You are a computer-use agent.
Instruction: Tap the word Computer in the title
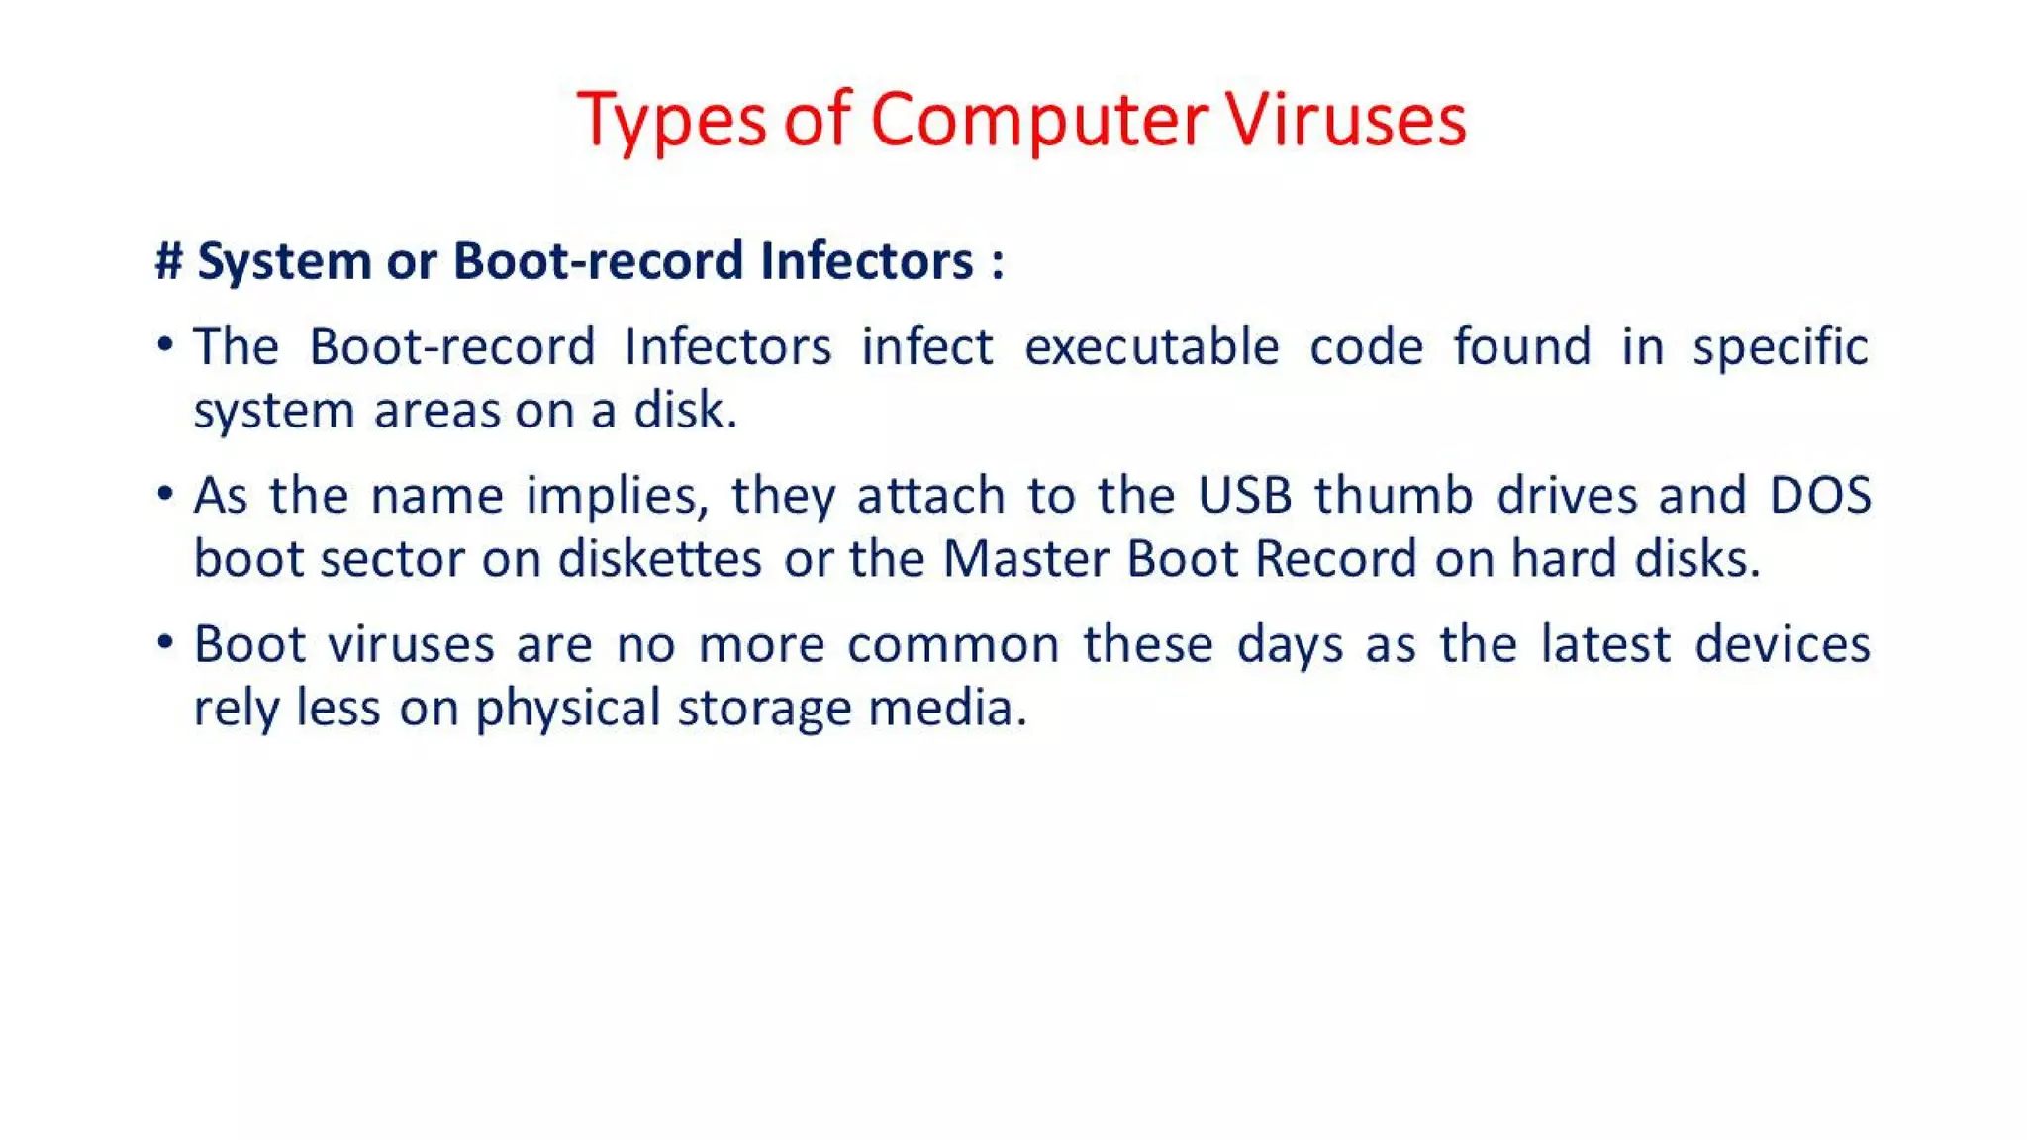pyautogui.click(x=1038, y=120)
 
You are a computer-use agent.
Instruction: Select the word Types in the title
pyautogui.click(x=672, y=120)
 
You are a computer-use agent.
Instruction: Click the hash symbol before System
pyautogui.click(x=169, y=261)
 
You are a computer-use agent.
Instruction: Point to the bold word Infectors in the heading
pyautogui.click(x=867, y=261)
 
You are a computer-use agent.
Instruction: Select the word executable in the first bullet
pyautogui.click(x=1152, y=346)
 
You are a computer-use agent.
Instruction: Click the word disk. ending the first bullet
pyautogui.click(x=686, y=410)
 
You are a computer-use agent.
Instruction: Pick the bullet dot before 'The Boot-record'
pyautogui.click(x=165, y=344)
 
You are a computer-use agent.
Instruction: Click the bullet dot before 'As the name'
pyautogui.click(x=165, y=493)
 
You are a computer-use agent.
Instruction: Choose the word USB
pyautogui.click(x=1245, y=495)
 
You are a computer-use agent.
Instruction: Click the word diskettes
pyautogui.click(x=660, y=558)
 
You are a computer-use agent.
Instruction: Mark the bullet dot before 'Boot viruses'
pyautogui.click(x=165, y=642)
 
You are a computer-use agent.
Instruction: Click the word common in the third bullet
pyautogui.click(x=953, y=644)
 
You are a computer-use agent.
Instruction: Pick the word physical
pyautogui.click(x=568, y=709)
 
